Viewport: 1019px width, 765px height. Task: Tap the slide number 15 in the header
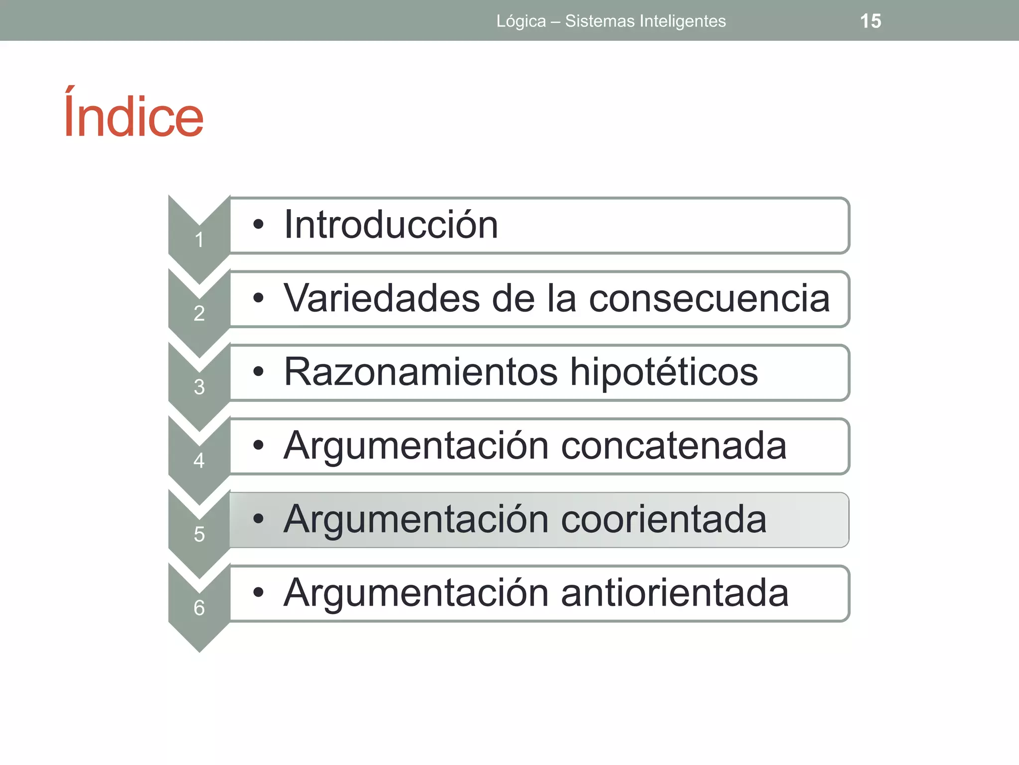point(870,21)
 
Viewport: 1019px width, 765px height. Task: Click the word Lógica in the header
point(521,21)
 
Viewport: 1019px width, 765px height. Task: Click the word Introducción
point(391,225)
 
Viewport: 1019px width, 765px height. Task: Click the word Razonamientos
point(420,372)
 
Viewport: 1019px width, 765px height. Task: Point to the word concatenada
point(674,446)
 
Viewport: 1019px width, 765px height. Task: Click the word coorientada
point(664,519)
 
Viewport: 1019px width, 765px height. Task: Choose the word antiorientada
point(675,593)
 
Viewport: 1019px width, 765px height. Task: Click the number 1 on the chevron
point(199,240)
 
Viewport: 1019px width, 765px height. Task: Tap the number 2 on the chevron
point(199,313)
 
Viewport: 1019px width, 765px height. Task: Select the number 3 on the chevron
point(199,387)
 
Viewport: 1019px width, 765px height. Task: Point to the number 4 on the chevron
point(199,461)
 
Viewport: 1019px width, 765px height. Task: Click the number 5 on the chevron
point(199,534)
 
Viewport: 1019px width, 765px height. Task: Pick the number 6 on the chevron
point(199,608)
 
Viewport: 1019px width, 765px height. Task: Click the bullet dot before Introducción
point(258,225)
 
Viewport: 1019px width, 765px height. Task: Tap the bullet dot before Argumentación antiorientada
point(258,592)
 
